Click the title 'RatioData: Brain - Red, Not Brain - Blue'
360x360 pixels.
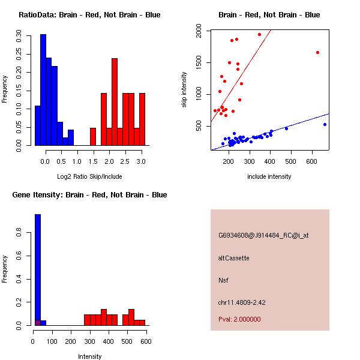89,14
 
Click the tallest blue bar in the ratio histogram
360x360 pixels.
43,90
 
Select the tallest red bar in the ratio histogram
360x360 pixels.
114,102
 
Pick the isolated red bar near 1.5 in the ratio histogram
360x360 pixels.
93,137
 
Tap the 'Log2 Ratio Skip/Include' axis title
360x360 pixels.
90,176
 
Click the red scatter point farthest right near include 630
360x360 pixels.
317,52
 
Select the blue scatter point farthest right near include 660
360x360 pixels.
325,124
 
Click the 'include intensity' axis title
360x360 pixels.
269,176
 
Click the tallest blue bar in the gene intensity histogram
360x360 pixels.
37,270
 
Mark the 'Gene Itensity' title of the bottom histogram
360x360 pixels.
89,194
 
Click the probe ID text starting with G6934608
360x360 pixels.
263,236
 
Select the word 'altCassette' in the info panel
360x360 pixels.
233,258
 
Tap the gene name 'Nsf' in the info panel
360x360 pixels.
223,280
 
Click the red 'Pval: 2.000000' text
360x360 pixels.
239,319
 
